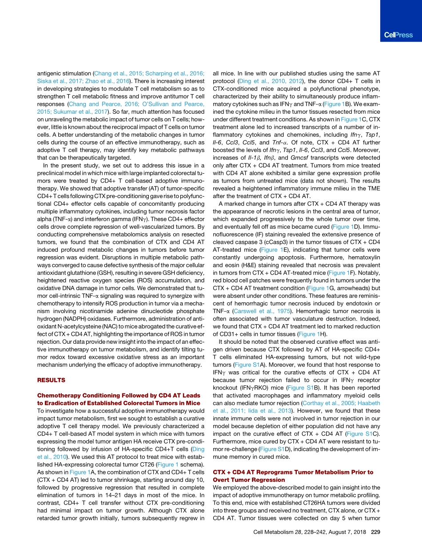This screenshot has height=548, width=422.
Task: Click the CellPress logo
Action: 398,35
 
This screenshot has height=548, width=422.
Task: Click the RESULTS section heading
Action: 51,380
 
